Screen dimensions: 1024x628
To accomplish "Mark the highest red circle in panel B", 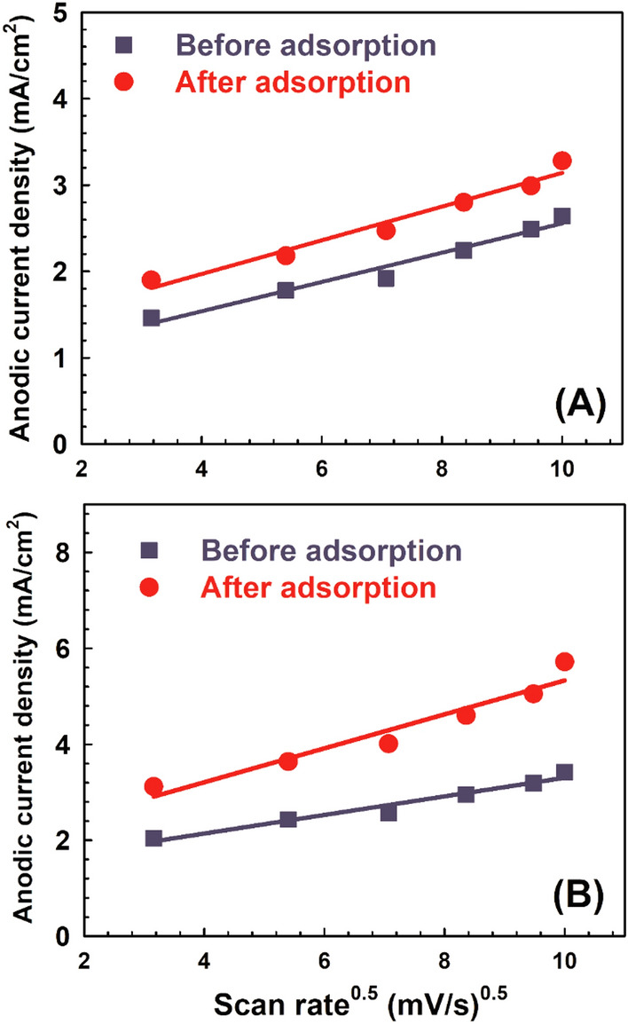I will pyautogui.click(x=564, y=661).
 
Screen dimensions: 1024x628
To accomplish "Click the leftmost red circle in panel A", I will pyautogui.click(x=152, y=280).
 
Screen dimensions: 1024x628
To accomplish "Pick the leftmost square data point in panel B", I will pyautogui.click(x=153, y=838).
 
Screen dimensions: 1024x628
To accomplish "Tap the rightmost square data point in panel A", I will pyautogui.click(x=561, y=217).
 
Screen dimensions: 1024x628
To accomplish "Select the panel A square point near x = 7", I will pyautogui.click(x=386, y=278).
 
